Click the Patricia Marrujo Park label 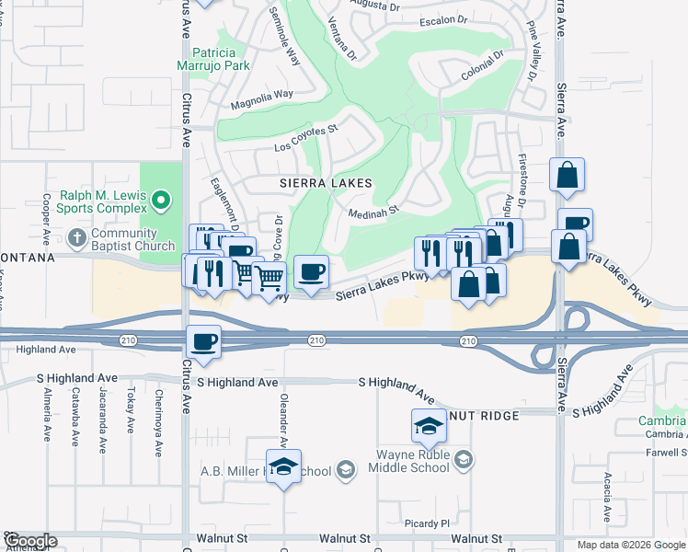(x=212, y=59)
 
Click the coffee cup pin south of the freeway (x=203, y=342)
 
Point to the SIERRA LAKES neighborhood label (x=327, y=183)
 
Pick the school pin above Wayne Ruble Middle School (x=428, y=426)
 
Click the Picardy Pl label (x=427, y=523)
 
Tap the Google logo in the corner (x=29, y=541)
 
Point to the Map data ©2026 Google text (x=631, y=545)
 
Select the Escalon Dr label (x=443, y=19)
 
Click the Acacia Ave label (x=608, y=495)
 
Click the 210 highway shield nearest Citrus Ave (x=128, y=341)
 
